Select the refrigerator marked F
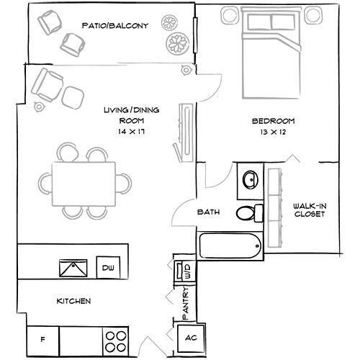(42, 337)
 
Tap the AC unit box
(191, 338)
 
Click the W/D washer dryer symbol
(186, 272)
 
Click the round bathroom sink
(250, 179)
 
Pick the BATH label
(209, 212)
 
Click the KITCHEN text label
(73, 300)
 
